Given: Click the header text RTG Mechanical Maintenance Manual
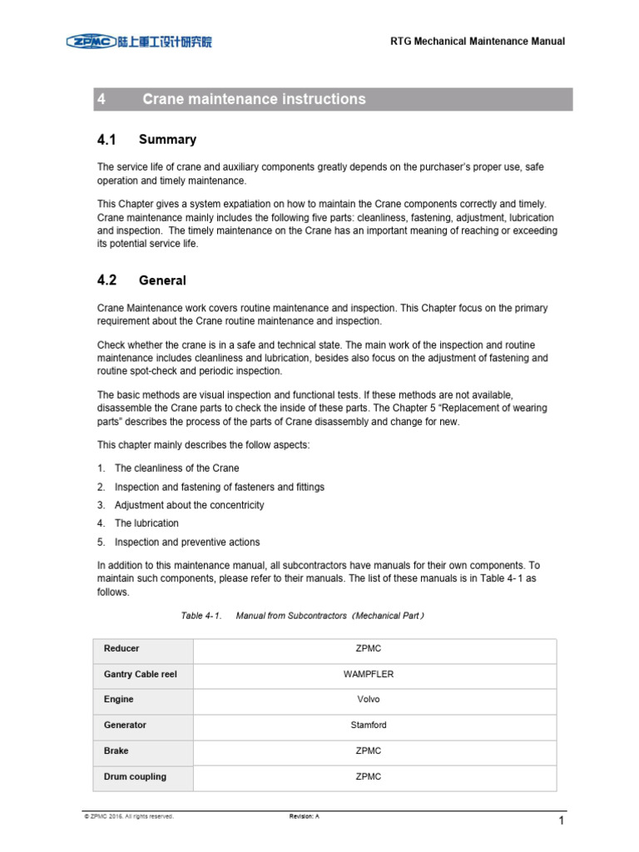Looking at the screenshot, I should pos(478,42).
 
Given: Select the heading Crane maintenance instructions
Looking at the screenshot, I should pos(254,99).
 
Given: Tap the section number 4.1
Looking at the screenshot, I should pos(107,139).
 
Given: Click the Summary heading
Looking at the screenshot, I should pos(167,140).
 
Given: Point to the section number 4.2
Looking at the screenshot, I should pos(107,280).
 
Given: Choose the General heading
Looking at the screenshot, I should pos(162,281).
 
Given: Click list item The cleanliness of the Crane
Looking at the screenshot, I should pos(176,468).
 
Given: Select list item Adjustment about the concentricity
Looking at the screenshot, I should pos(189,505).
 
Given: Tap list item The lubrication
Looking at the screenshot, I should pos(146,523).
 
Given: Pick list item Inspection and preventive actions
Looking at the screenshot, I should pos(187,542).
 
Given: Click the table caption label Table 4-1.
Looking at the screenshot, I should pos(201,616).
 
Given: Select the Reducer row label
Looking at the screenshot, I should pos(121,648).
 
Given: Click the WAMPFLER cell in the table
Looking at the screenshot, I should pos(368,674).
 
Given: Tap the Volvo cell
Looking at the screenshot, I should pos(368,700).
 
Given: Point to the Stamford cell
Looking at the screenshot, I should pos(368,726).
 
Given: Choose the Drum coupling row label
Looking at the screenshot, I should pos(135,776).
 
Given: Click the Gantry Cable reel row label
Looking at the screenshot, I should pos(140,674).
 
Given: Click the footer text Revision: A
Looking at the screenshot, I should pos(304,817).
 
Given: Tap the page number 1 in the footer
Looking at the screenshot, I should pos(562,821).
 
